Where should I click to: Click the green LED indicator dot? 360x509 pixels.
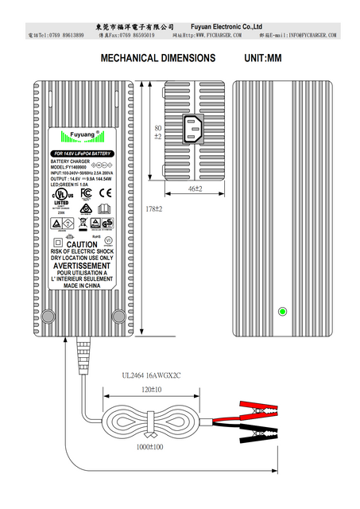(x=280, y=311)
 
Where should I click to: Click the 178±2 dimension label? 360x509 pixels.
(x=153, y=208)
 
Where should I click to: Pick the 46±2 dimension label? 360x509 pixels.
(x=195, y=188)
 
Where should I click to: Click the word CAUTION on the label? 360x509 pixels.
(x=82, y=245)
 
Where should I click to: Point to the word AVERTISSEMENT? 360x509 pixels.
(x=82, y=266)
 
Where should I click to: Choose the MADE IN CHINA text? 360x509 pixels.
(x=82, y=285)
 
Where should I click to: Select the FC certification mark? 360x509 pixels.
(x=85, y=192)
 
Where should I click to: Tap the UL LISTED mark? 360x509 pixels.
(x=61, y=196)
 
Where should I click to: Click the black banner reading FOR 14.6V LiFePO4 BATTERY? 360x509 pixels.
(x=82, y=153)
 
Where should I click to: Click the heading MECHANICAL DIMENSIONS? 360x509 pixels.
(x=158, y=58)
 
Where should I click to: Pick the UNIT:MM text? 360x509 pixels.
(x=263, y=58)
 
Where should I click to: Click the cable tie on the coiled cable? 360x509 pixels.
(x=149, y=433)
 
